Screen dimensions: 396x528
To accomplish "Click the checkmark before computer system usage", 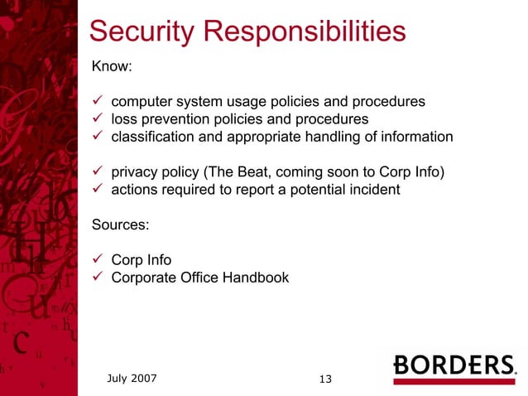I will [96, 102].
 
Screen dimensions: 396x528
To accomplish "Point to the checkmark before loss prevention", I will [96, 119].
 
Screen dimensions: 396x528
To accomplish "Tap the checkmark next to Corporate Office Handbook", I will [96, 278].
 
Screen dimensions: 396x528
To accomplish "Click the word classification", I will [150, 137].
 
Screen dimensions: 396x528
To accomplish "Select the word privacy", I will [136, 172].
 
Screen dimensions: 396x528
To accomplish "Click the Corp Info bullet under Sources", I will [142, 260].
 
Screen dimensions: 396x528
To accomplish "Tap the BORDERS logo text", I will [454, 365].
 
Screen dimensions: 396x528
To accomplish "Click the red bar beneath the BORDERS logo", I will [454, 382].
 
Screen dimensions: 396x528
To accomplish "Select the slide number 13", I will [325, 379].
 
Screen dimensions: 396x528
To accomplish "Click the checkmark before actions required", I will [96, 190].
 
